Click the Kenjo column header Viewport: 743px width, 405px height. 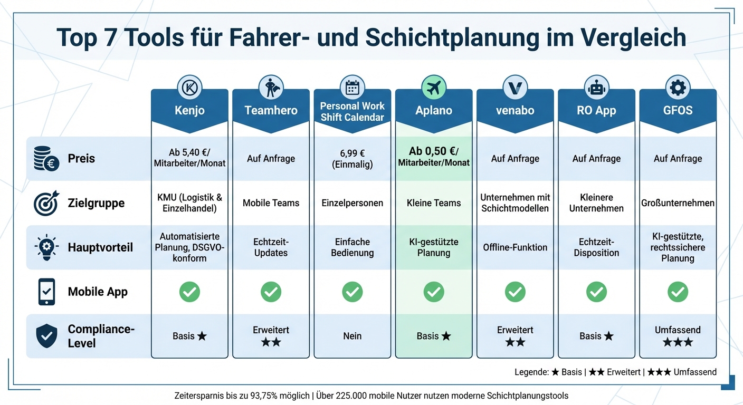coord(189,111)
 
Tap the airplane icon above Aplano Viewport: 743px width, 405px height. coord(434,88)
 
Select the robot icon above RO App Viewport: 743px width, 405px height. coord(596,88)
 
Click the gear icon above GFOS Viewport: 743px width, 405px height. coord(678,88)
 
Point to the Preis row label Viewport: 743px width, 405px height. coord(81,158)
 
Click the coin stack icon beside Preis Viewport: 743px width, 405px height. coord(46,159)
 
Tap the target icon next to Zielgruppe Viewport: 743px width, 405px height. coord(46,203)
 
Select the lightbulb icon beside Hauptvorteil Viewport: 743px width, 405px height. coord(46,247)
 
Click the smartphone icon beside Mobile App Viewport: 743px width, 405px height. coord(46,292)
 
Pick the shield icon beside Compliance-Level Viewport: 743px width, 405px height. coord(46,336)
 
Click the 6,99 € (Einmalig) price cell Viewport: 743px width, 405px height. coord(352,158)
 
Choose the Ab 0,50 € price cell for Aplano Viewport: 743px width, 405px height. coord(434,157)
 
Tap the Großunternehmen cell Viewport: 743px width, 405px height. coord(678,203)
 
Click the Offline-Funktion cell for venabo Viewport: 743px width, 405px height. coord(515,247)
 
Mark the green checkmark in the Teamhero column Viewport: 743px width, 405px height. coord(271,292)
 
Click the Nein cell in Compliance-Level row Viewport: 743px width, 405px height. coord(352,336)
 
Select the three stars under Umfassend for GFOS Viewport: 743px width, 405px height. coord(678,342)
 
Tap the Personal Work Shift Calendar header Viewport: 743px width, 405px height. coord(352,111)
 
